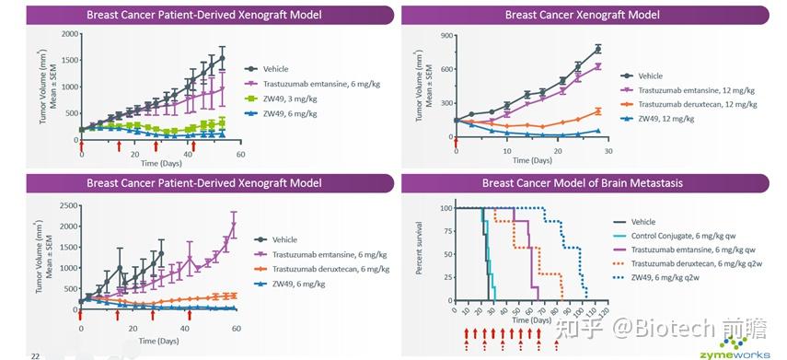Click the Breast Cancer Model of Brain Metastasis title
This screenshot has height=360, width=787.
[x=583, y=182]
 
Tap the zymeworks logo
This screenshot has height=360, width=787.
[x=745, y=347]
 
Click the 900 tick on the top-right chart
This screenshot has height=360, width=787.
[x=446, y=36]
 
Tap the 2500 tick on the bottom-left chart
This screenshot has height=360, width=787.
[x=68, y=205]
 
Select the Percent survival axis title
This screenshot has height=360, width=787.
[x=420, y=248]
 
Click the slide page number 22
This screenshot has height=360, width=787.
[x=35, y=356]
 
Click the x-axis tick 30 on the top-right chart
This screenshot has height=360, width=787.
[x=608, y=151]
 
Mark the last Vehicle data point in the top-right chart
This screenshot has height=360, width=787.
[x=597, y=49]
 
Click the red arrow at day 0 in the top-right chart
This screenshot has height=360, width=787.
[x=456, y=142]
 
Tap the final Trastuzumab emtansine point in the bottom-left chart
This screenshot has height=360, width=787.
[x=234, y=225]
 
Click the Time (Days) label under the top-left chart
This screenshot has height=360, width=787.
[x=159, y=164]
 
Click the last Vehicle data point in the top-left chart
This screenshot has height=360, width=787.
[x=222, y=58]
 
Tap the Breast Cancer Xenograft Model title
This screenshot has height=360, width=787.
[x=583, y=15]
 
